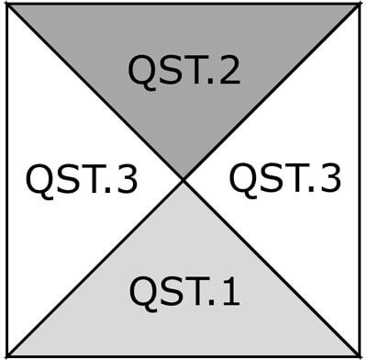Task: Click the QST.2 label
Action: tap(184, 72)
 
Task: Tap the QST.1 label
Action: tap(184, 292)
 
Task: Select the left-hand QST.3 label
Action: tap(82, 180)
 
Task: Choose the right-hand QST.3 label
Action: tap(284, 178)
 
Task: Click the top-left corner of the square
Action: tap(7, 5)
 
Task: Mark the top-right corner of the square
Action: tap(359, 5)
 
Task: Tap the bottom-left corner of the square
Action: tap(7, 355)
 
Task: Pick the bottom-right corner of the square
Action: tap(359, 355)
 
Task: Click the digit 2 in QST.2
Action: tap(229, 72)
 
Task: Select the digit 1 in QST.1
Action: tap(229, 292)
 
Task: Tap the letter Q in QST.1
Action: tap(143, 293)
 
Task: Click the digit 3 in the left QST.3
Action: tap(128, 180)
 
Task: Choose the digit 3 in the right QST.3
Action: tap(330, 178)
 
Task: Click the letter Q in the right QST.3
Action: tap(243, 179)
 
